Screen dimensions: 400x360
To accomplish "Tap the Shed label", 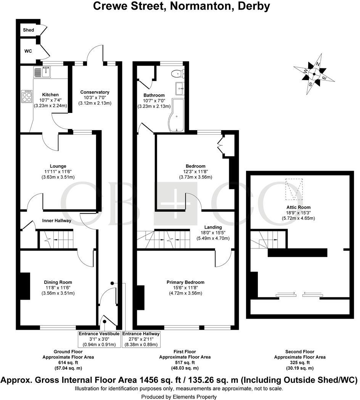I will click(29, 30).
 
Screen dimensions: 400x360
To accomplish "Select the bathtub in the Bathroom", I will click(176, 115).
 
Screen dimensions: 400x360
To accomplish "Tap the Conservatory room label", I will click(95, 92).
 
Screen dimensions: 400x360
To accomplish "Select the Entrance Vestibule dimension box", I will click(99, 339).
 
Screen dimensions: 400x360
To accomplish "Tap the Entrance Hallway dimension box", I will click(141, 339).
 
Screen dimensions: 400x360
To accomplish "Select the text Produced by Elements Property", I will click(179, 397).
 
